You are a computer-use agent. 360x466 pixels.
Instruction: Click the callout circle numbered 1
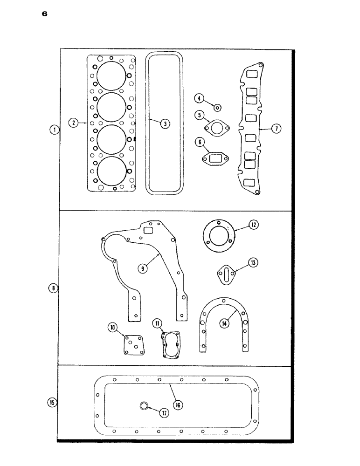click(55, 130)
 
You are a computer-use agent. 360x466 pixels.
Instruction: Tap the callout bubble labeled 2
click(73, 123)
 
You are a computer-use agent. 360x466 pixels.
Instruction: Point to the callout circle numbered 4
click(199, 98)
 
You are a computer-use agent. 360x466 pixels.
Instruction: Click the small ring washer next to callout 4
click(217, 108)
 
